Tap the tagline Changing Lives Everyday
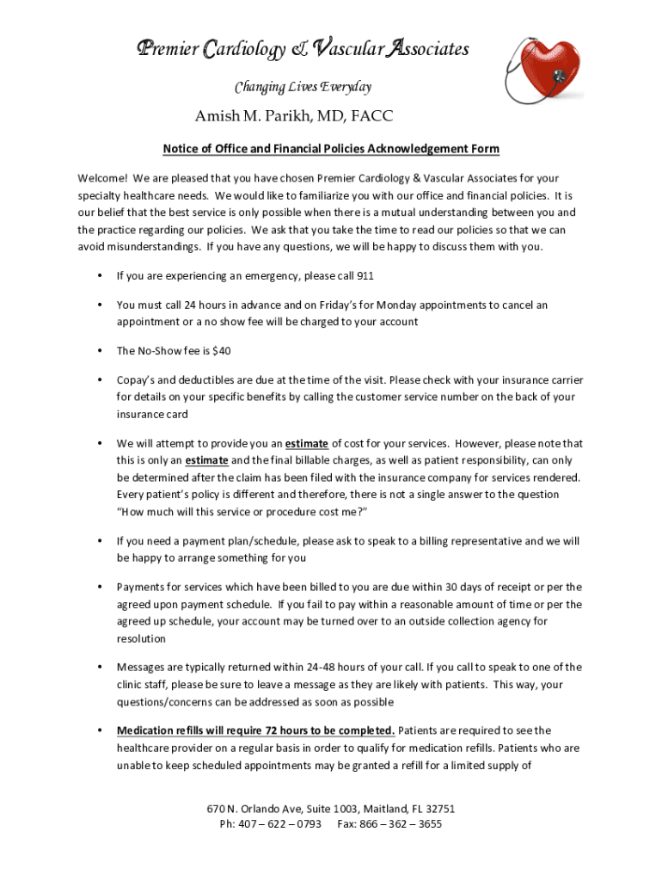303,87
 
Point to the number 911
365,276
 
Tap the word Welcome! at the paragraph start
102,178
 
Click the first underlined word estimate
307,443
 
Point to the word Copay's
137,379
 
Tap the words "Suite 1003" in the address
324,809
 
